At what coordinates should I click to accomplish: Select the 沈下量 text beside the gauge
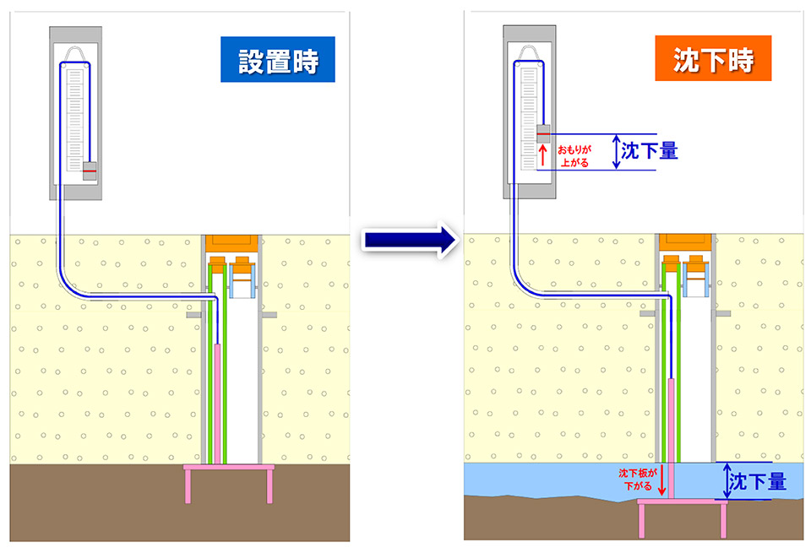pyautogui.click(x=649, y=151)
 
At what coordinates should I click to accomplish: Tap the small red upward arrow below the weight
pyautogui.click(x=542, y=154)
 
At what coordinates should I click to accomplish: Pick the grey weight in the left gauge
pyautogui.click(x=89, y=171)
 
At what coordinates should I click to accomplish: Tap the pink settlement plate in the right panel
pyautogui.click(x=683, y=504)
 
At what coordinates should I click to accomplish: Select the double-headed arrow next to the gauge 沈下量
pyautogui.click(x=616, y=152)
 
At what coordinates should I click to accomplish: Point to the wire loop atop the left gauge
pyautogui.click(x=77, y=55)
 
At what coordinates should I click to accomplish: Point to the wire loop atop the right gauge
pyautogui.click(x=531, y=55)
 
